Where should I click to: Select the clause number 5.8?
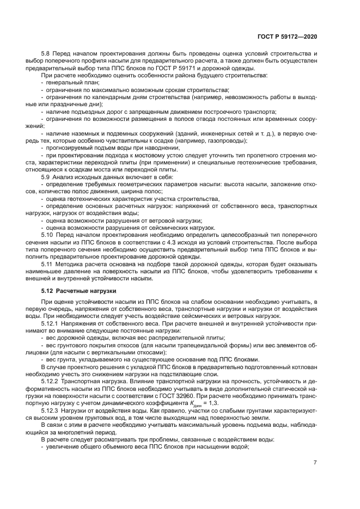pyautogui.click(x=46, y=54)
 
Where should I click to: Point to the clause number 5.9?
pyautogui.click(x=46, y=178)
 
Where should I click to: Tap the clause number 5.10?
pyautogui.click(x=47, y=235)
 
